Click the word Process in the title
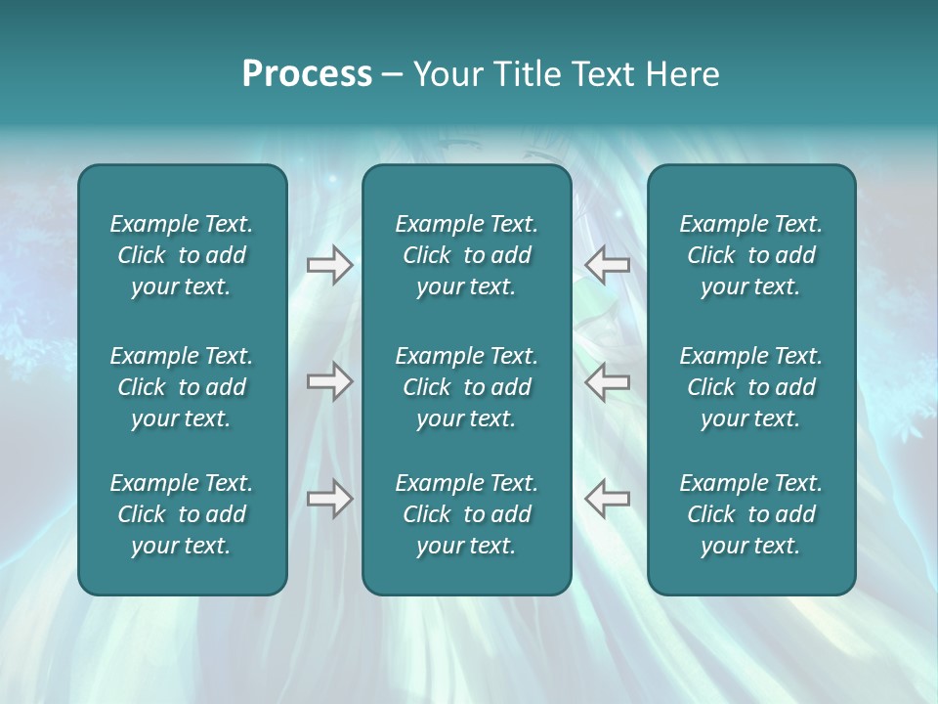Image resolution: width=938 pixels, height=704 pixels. tap(307, 74)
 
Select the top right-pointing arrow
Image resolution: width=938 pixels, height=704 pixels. tap(329, 265)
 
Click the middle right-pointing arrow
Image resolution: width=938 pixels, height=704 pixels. tap(329, 381)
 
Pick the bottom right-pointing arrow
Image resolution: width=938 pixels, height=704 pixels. tap(329, 499)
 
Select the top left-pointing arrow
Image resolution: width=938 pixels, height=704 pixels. tap(607, 265)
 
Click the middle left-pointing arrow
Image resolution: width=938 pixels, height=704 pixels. tap(607, 381)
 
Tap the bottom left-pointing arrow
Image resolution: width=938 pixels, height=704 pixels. tap(607, 499)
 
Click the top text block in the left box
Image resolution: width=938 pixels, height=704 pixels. tap(182, 255)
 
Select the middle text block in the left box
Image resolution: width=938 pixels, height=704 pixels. tap(182, 387)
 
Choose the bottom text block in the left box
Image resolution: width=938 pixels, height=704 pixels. tap(182, 514)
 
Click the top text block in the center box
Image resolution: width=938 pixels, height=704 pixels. tap(466, 255)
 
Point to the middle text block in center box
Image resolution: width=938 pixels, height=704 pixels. tap(466, 387)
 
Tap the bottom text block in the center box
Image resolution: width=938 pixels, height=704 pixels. tap(466, 514)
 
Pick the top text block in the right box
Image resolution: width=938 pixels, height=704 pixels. tap(750, 255)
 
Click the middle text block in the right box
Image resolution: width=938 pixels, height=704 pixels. tap(750, 387)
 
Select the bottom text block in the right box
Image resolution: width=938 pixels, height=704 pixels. tap(750, 514)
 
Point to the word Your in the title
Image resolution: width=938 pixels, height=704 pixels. tap(445, 74)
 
